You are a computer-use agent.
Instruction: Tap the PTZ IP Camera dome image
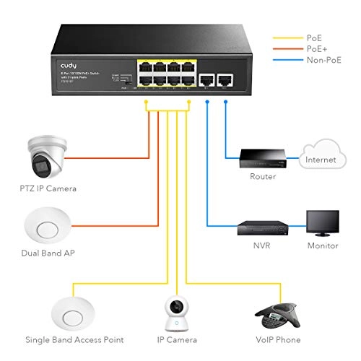pos(48,156)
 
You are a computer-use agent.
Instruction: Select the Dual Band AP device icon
pos(48,227)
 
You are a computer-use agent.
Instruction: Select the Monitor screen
pos(321,223)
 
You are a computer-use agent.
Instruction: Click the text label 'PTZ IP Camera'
pos(48,188)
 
